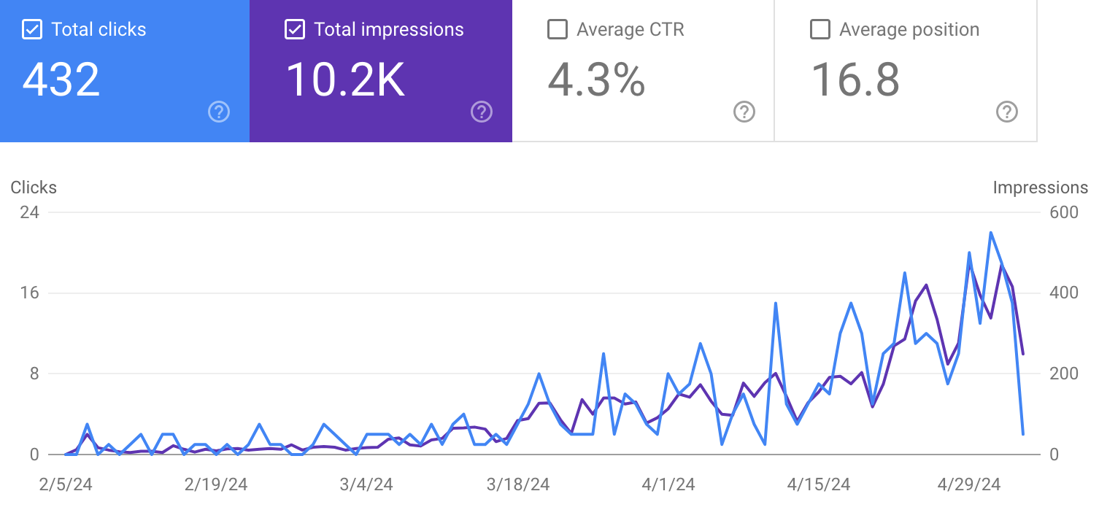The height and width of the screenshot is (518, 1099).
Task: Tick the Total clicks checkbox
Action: point(32,30)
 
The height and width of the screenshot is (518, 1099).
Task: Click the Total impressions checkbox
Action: point(295,30)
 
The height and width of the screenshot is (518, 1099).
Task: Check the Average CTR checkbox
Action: point(558,30)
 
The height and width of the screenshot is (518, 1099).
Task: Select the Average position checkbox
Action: point(820,30)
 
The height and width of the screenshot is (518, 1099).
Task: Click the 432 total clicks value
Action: point(61,80)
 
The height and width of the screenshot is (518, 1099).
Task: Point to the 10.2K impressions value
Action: point(345,80)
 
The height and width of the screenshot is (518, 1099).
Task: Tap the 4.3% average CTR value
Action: point(596,80)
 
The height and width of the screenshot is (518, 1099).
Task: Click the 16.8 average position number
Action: point(855,80)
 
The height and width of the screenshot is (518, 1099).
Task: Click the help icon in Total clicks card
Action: point(219,112)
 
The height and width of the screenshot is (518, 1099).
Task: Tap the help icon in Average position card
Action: point(1007,112)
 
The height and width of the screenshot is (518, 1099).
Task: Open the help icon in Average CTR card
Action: point(744,112)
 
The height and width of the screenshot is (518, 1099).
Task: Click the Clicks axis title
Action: point(34,188)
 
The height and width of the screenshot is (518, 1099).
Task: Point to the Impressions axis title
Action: point(1040,188)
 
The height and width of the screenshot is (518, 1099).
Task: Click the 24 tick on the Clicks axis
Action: point(30,212)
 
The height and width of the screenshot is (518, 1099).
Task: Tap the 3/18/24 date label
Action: point(518,484)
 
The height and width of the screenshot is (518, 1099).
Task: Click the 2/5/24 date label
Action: point(66,484)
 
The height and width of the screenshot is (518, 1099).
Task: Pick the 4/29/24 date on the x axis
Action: point(968,484)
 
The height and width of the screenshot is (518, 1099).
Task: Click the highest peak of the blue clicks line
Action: point(990,233)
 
